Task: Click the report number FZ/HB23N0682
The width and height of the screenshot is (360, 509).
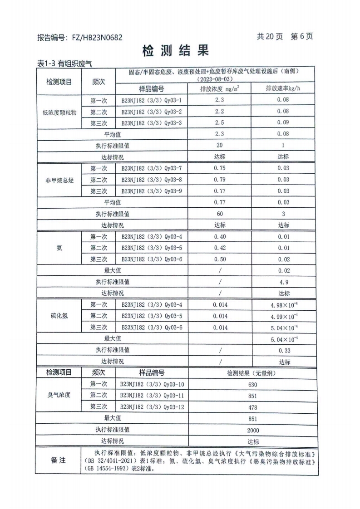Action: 97,38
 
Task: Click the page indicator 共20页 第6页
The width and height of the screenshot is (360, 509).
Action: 285,37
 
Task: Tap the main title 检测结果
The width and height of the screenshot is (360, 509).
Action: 176,51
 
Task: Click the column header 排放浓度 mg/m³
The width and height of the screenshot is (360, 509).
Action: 220,89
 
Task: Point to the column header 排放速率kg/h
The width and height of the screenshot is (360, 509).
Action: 284,89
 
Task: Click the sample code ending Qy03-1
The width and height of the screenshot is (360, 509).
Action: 151,100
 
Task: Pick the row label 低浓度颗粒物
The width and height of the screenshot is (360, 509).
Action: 59,112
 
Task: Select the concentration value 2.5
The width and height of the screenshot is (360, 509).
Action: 220,123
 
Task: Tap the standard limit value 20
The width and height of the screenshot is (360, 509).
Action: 220,146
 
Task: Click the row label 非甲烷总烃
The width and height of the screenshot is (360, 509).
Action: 59,180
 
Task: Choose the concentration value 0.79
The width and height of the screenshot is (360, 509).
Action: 220,180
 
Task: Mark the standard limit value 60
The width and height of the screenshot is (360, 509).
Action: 220,214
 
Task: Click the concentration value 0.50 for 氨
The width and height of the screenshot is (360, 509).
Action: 220,259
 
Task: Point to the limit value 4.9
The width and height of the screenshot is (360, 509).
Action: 284,282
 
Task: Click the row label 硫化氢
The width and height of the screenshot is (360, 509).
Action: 59,316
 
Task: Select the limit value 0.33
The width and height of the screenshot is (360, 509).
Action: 284,350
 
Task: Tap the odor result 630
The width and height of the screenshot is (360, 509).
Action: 253,385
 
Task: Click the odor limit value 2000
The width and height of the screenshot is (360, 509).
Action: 253,430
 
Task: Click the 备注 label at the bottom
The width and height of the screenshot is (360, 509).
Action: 58,460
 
